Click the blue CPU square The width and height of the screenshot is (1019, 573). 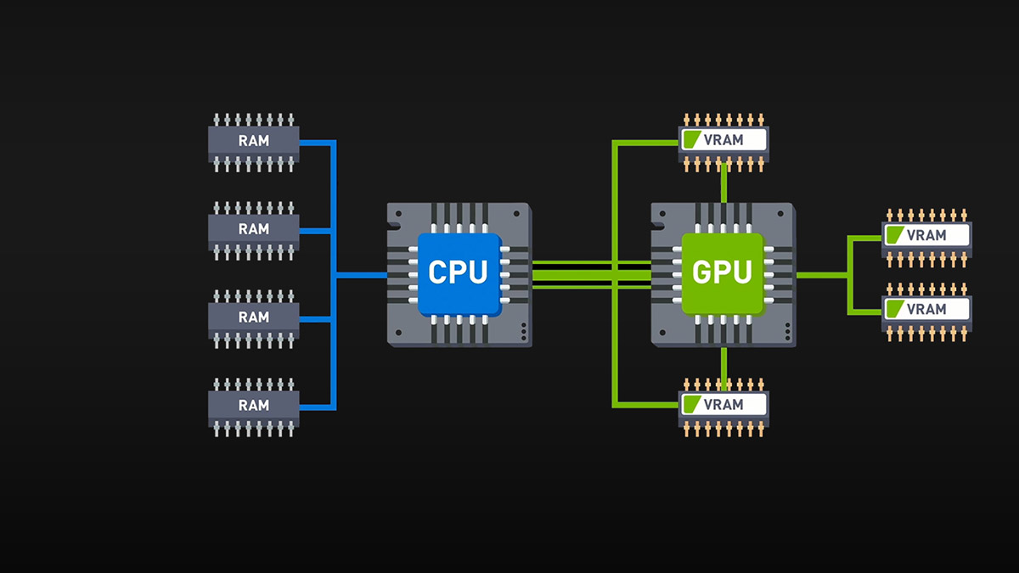[459, 272]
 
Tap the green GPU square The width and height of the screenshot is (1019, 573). [723, 272]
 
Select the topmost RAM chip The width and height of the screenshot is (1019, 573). [254, 141]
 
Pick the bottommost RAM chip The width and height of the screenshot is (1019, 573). [254, 406]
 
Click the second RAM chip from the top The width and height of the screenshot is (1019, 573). [254, 229]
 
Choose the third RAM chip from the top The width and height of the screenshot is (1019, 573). [254, 317]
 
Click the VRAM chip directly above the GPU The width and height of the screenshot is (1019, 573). [723, 140]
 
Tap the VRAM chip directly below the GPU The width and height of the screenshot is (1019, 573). [723, 405]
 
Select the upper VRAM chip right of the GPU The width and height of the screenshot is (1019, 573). [926, 235]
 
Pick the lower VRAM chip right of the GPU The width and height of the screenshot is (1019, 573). [926, 309]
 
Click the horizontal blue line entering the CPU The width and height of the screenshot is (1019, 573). [361, 274]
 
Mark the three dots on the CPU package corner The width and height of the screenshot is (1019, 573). [524, 329]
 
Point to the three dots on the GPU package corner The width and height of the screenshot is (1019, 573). [787, 329]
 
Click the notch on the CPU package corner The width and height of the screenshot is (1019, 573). [393, 224]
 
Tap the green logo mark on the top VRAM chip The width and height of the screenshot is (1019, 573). [693, 140]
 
